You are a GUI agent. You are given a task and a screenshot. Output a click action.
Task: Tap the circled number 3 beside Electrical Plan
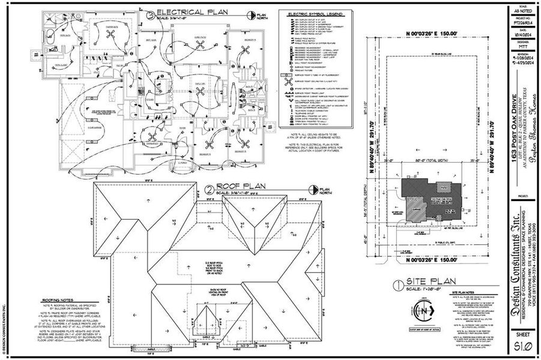(148, 12)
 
